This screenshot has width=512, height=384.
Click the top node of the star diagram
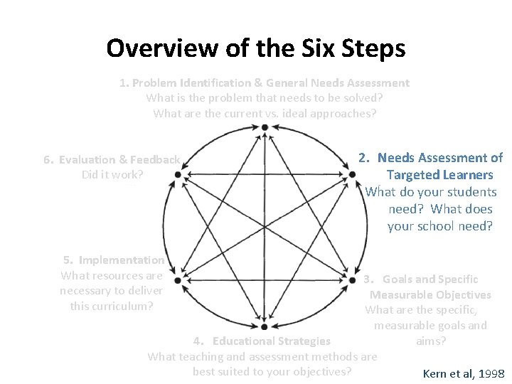(x=265, y=127)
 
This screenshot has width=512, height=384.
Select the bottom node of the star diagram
(x=265, y=326)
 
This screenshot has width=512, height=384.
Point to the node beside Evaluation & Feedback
(x=177, y=174)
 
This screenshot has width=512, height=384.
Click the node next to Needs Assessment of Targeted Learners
(x=351, y=174)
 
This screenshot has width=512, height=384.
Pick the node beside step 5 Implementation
(x=177, y=280)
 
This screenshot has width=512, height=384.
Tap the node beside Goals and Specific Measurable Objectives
(x=351, y=280)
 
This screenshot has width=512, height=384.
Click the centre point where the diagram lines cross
(x=265, y=227)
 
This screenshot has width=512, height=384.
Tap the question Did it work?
(x=112, y=174)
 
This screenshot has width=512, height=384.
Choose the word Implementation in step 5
(x=122, y=260)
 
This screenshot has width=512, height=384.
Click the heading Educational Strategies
(x=271, y=341)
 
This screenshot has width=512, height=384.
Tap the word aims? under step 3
(x=431, y=341)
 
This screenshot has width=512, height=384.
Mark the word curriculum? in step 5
(x=124, y=306)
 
